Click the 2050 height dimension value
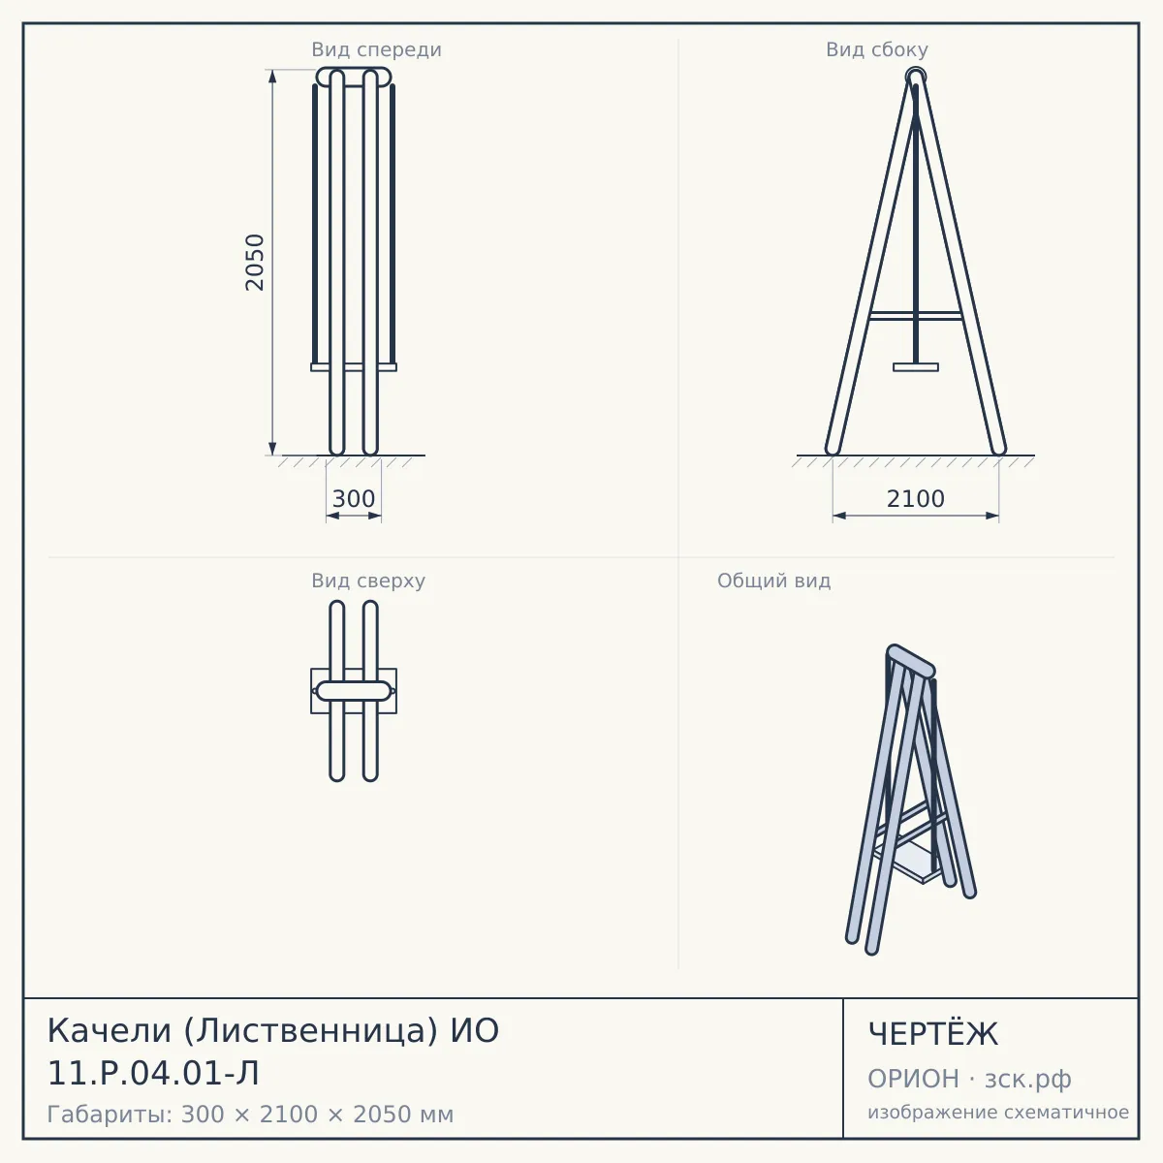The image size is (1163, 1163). pyautogui.click(x=255, y=263)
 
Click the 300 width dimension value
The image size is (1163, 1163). pyautogui.click(x=354, y=499)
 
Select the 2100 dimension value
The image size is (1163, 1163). pyautogui.click(x=916, y=499)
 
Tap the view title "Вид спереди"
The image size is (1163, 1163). pyautogui.click(x=377, y=50)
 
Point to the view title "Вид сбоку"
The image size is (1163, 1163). pyautogui.click(x=877, y=49)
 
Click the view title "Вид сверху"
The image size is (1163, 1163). pyautogui.click(x=368, y=581)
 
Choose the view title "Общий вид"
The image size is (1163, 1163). pyautogui.click(x=773, y=581)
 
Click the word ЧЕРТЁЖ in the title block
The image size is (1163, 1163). pyautogui.click(x=933, y=1034)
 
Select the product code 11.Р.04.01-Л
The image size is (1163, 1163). pyautogui.click(x=153, y=1074)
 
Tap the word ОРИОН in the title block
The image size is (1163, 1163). pyautogui.click(x=913, y=1079)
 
